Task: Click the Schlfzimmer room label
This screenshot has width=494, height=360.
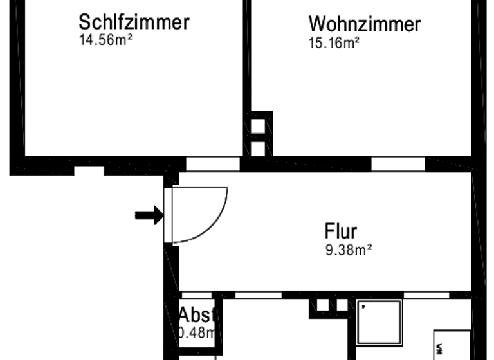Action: (x=134, y=22)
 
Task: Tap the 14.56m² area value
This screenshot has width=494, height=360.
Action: (x=105, y=40)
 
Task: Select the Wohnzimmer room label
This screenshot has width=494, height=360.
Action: (x=364, y=24)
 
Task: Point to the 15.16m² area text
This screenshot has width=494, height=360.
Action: (x=334, y=43)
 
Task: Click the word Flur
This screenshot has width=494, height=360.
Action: (x=341, y=231)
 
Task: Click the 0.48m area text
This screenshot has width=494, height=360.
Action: (x=196, y=333)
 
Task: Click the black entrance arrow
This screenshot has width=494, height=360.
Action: (x=149, y=215)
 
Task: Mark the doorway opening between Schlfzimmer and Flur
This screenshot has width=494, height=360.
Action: (x=212, y=164)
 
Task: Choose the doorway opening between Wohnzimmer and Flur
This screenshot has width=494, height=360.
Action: (x=398, y=164)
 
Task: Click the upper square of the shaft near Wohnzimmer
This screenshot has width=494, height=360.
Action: (x=258, y=126)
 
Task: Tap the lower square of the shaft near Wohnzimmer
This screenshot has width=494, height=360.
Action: (x=258, y=148)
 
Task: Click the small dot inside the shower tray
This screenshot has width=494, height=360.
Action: (x=363, y=307)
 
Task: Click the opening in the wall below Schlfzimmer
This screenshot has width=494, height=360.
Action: (x=89, y=170)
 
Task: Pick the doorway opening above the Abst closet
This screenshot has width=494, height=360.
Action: (x=196, y=295)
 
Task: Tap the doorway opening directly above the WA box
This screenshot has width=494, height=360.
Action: (x=426, y=295)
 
